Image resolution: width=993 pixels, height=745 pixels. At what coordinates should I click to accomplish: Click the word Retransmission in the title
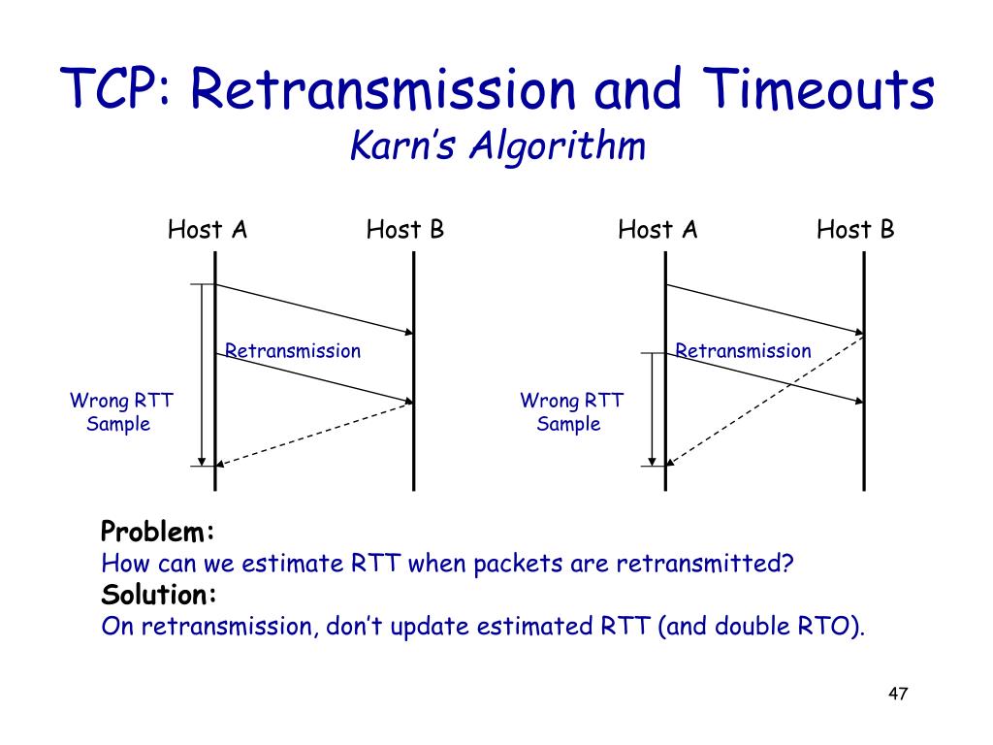(x=383, y=90)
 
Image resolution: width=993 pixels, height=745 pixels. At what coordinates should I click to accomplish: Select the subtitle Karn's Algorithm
(x=496, y=146)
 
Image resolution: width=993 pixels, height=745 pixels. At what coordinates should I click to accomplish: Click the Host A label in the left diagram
(x=208, y=230)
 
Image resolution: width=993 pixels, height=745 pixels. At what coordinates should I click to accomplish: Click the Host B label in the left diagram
(x=405, y=230)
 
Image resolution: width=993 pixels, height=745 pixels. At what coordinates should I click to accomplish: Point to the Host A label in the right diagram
(x=657, y=230)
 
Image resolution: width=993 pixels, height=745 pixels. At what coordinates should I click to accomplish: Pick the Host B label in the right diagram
(x=855, y=230)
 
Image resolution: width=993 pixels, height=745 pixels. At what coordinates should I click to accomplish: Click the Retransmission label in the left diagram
(x=293, y=351)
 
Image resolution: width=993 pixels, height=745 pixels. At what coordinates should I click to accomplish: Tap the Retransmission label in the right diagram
(x=743, y=351)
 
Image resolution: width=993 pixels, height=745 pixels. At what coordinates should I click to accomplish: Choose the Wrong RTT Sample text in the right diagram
(x=571, y=412)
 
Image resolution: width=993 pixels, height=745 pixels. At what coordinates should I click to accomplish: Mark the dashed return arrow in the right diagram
(x=766, y=399)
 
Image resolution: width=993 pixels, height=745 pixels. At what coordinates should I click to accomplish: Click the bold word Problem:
(x=157, y=532)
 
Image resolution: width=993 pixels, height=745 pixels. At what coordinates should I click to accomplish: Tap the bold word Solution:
(x=159, y=594)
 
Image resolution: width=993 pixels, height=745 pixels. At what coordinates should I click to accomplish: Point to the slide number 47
(x=897, y=695)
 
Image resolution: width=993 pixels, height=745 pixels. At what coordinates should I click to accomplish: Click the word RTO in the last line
(x=833, y=626)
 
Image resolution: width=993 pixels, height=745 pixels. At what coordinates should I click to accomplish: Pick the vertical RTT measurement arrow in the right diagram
(x=653, y=408)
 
